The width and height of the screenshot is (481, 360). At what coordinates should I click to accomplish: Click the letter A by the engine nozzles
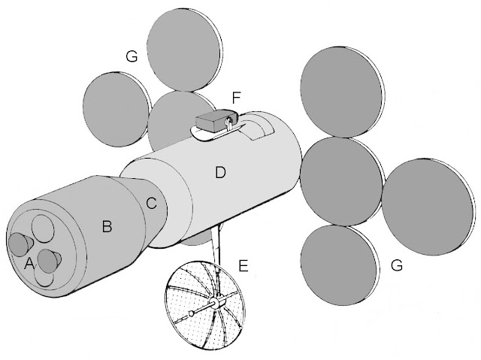pos(29,264)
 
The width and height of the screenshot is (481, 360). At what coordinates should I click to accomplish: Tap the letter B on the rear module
pos(107,225)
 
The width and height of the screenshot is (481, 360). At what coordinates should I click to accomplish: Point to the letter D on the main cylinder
pos(219,174)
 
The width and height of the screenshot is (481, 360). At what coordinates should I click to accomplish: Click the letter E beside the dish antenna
pos(242,265)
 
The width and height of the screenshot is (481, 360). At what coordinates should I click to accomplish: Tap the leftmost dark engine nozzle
pos(18,244)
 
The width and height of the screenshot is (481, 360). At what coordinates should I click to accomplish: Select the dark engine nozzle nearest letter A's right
pos(50,262)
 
